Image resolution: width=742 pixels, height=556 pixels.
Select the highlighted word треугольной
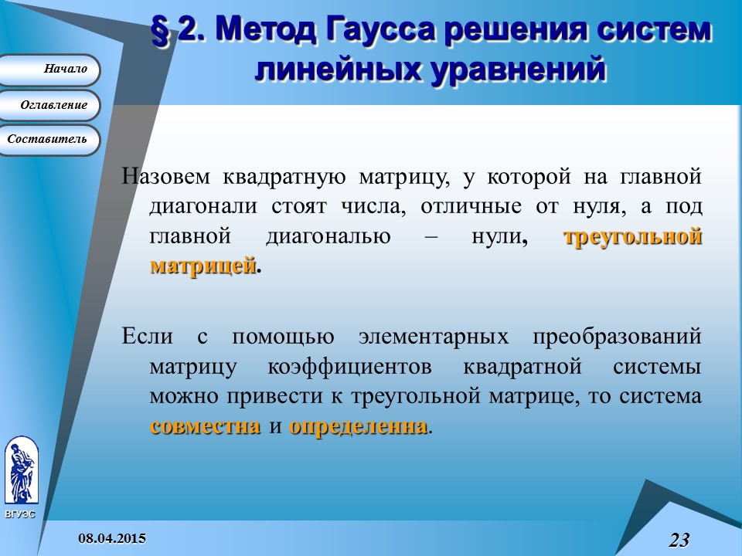(633, 237)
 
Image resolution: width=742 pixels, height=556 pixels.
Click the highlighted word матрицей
(203, 266)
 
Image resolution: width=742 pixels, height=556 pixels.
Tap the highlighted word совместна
(205, 426)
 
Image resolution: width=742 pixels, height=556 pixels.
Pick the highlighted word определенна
(358, 426)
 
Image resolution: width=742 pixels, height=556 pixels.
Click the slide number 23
(679, 540)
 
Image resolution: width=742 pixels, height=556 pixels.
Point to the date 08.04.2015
(113, 537)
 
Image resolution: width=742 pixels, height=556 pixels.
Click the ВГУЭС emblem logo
(20, 471)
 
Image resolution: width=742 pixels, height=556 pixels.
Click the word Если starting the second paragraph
(148, 337)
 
